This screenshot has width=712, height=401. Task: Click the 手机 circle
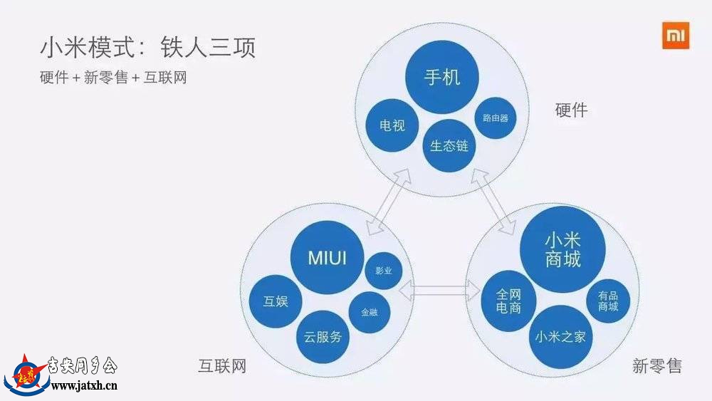pos(442,77)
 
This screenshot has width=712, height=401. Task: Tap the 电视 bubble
pos(392,125)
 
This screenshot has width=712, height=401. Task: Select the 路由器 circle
pos(496,118)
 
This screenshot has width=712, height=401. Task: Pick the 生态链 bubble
pos(449,146)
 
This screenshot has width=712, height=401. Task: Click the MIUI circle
pos(327,258)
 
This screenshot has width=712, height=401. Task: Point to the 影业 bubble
pos(384,271)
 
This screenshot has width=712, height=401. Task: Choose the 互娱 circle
pos(276,301)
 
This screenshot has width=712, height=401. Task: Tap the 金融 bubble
pos(369,313)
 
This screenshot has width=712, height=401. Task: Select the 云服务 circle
pos(323,337)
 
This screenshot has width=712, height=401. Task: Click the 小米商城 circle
pos(562,249)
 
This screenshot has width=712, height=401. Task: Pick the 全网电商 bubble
pos(508,301)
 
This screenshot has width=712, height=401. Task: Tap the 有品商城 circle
pos(608,301)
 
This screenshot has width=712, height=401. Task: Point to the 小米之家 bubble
pos(560,337)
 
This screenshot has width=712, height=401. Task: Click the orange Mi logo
pos(676,35)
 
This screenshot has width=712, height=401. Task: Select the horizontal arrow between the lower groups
pos(439,291)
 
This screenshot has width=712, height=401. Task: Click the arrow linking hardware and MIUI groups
pos(388,202)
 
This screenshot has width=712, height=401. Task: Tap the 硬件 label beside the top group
pos(571,110)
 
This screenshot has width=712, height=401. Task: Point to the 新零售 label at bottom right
pos(657,365)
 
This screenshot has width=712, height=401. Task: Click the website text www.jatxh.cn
pos(84,387)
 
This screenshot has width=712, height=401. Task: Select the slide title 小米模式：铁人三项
pos(148,47)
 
